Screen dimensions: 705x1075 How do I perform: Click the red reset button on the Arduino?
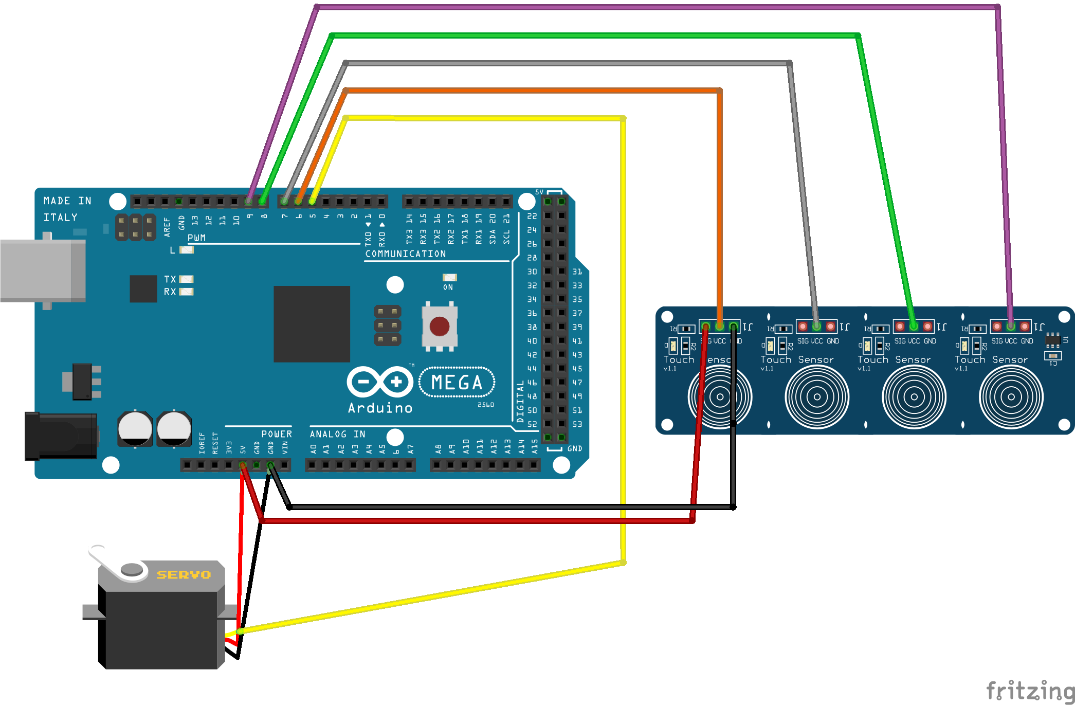439,326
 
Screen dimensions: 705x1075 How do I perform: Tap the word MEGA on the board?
457,383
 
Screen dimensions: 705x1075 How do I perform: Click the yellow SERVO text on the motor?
184,574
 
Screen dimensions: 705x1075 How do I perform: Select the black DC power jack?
61,436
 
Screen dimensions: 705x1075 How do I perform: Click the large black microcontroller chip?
312,324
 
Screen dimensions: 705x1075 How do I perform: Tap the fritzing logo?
1030,691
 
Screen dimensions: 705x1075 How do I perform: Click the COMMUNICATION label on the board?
405,254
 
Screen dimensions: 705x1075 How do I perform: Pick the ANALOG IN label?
337,435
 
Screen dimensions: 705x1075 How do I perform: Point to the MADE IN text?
67,201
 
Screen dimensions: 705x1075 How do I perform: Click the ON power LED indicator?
449,278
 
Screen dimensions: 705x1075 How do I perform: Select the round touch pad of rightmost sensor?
1011,396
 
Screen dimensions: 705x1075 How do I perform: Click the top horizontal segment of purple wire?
653,7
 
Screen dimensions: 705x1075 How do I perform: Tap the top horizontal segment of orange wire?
530,91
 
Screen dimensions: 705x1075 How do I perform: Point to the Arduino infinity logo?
379,382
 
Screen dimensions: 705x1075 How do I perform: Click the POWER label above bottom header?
277,435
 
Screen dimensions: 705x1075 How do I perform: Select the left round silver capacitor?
135,429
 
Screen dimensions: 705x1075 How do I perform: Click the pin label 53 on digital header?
577,424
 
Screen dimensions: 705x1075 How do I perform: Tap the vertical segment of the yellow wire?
623,339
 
